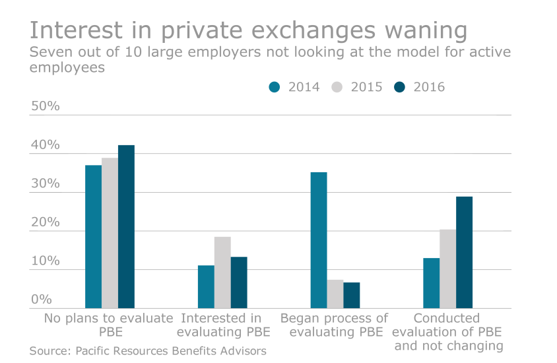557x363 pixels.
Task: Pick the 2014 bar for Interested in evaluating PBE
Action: pyautogui.click(x=206, y=286)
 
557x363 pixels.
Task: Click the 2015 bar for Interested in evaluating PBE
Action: pyautogui.click(x=222, y=272)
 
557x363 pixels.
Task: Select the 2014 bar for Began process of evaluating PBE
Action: pyautogui.click(x=319, y=240)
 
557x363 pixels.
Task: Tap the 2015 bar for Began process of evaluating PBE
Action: pyautogui.click(x=335, y=294)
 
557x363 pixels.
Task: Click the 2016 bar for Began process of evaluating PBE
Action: pyautogui.click(x=352, y=295)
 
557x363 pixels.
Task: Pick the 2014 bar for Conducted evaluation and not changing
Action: pyautogui.click(x=432, y=282)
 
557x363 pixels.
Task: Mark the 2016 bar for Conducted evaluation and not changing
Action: pyautogui.click(x=465, y=252)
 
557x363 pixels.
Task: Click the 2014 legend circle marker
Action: pyautogui.click(x=275, y=87)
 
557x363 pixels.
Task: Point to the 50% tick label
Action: pyautogui.click(x=45, y=106)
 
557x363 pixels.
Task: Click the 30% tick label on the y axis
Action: pyautogui.click(x=45, y=183)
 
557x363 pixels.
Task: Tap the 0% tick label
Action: pyautogui.click(x=41, y=299)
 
